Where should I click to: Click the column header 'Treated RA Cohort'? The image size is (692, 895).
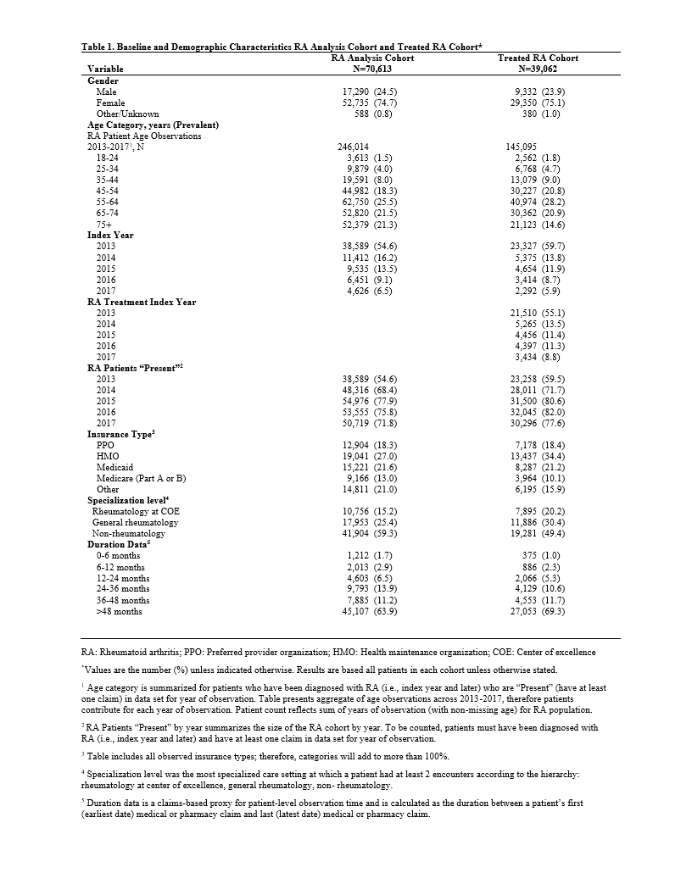(x=538, y=58)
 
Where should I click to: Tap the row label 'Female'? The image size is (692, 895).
(x=110, y=102)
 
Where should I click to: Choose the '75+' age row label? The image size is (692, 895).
(x=105, y=224)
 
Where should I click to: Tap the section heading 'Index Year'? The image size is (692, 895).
(x=110, y=235)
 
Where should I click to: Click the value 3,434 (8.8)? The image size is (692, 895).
(x=539, y=357)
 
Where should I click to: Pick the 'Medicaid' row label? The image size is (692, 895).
(x=114, y=467)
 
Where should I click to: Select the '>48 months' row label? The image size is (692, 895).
(x=120, y=611)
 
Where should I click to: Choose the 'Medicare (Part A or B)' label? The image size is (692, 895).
(x=141, y=478)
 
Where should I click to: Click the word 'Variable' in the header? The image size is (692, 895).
(x=105, y=68)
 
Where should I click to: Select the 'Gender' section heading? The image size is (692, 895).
(x=103, y=80)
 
